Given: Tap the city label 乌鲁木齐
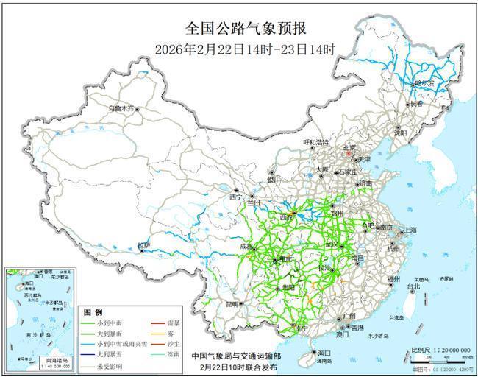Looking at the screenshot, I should [121, 108].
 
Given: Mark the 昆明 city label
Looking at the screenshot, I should [232, 303].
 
